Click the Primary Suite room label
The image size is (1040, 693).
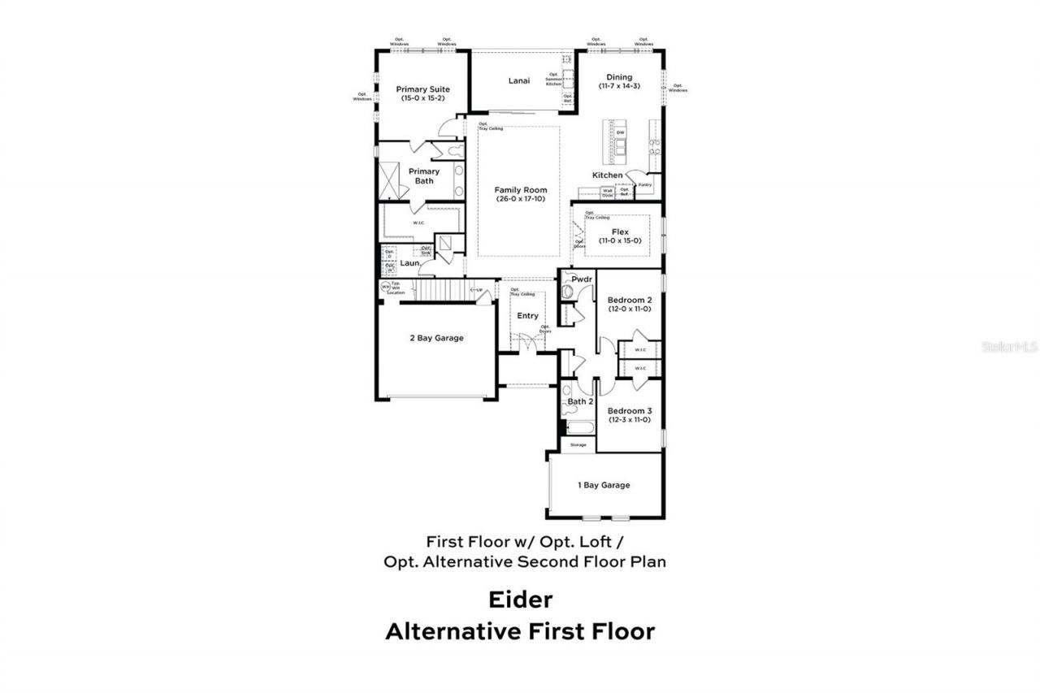[422, 89]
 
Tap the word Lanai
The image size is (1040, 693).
[519, 80]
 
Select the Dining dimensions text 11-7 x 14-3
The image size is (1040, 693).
[619, 86]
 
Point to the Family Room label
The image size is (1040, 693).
[521, 190]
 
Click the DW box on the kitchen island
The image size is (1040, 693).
[620, 132]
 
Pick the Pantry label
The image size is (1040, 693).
[645, 184]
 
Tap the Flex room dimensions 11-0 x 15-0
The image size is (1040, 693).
[620, 240]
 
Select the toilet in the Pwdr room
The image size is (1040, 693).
[567, 291]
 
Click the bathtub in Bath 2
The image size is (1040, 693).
[578, 428]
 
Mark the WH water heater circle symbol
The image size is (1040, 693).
[385, 286]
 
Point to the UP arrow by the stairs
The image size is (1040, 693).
[477, 290]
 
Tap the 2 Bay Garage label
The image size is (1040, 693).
[436, 338]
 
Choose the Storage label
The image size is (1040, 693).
[578, 445]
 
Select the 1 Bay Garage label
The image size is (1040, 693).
[604, 485]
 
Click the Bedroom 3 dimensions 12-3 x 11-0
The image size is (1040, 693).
[629, 420]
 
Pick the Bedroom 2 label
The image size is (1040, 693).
[630, 300]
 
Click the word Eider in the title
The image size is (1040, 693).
[520, 600]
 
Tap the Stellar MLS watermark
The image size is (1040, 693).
[1010, 346]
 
